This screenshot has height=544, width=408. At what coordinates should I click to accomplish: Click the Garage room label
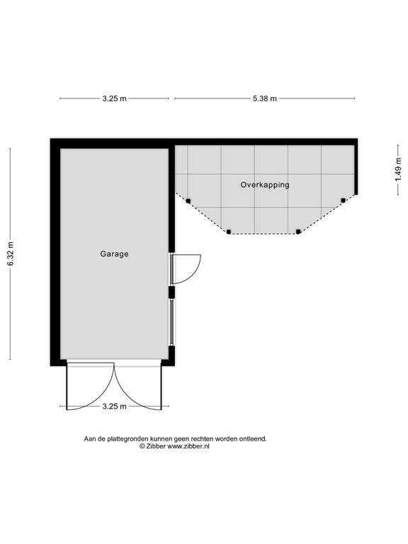[x=114, y=254]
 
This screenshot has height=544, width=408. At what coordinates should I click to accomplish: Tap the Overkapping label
[x=265, y=185]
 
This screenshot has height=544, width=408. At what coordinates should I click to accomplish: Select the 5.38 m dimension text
[x=265, y=98]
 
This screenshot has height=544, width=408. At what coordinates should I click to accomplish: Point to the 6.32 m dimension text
[x=11, y=254]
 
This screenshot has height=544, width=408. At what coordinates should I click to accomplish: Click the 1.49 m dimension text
[x=397, y=169]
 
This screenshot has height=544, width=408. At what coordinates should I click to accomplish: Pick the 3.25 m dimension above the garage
[x=115, y=98]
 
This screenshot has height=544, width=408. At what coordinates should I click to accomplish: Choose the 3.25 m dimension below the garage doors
[x=115, y=407]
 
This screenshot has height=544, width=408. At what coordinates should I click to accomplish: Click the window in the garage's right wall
[x=171, y=322]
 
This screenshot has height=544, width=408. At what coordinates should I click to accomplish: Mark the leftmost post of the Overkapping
[x=188, y=201]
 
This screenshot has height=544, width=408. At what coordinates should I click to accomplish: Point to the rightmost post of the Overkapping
[x=343, y=200]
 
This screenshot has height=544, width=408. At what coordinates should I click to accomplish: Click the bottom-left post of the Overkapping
[x=228, y=232]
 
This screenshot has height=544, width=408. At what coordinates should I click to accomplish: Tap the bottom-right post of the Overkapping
[x=298, y=232]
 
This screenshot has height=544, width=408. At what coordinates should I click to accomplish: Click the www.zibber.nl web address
[x=188, y=446]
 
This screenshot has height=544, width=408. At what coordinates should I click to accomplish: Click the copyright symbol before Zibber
[x=142, y=446]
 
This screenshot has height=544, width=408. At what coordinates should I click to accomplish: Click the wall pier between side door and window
[x=171, y=292]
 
